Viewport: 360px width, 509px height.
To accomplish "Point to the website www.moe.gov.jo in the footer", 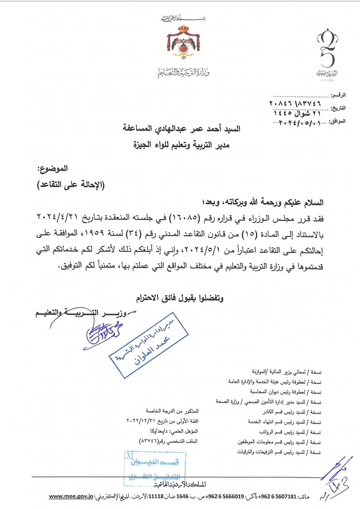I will (x=72, y=497).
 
